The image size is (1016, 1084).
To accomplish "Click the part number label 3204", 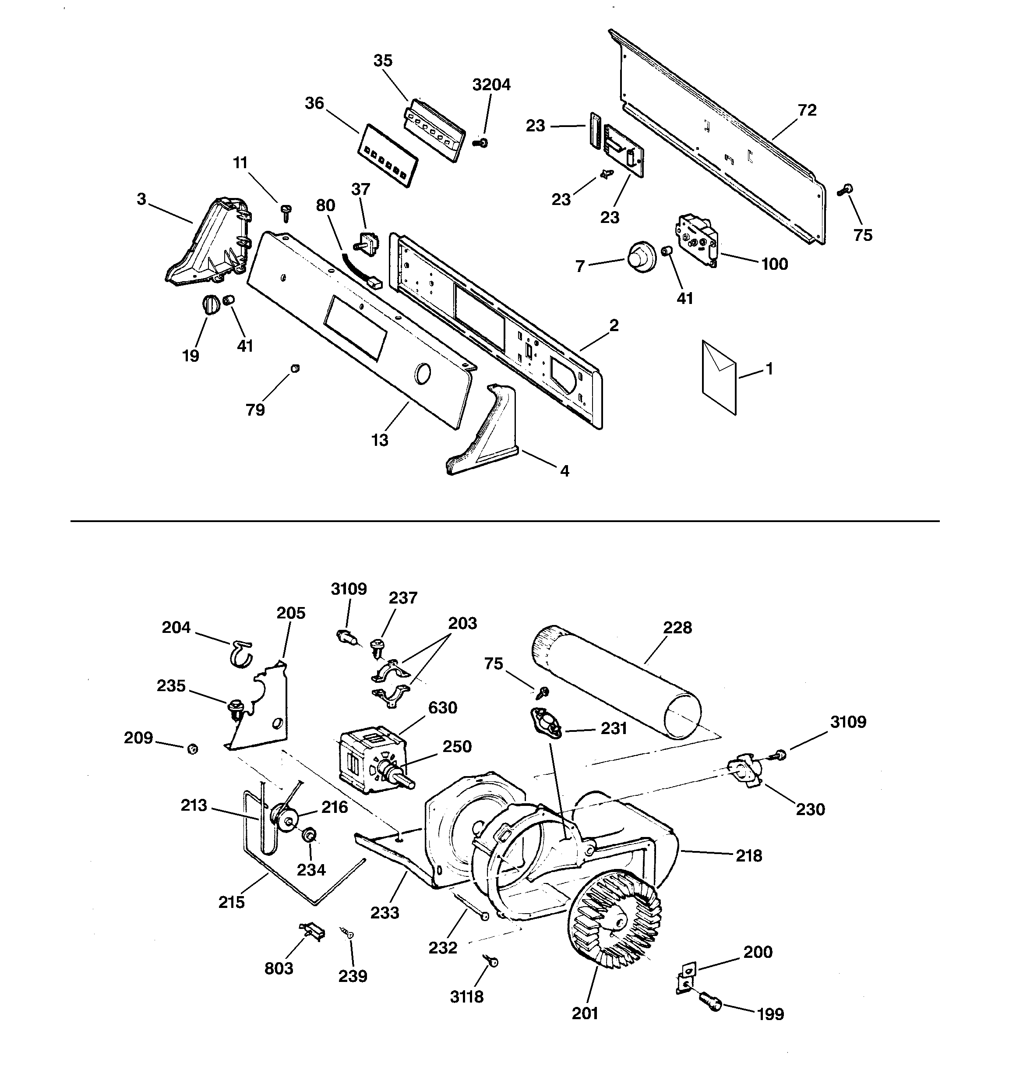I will coord(491,85).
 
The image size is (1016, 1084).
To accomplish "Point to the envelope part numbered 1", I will coord(719,377).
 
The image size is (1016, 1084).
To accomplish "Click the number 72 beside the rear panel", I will coord(807,110).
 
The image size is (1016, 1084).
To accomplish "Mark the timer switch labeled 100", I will coord(697,238).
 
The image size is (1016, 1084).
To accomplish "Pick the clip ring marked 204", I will coord(240,652).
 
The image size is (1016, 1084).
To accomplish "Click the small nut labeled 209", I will coord(192,749).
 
